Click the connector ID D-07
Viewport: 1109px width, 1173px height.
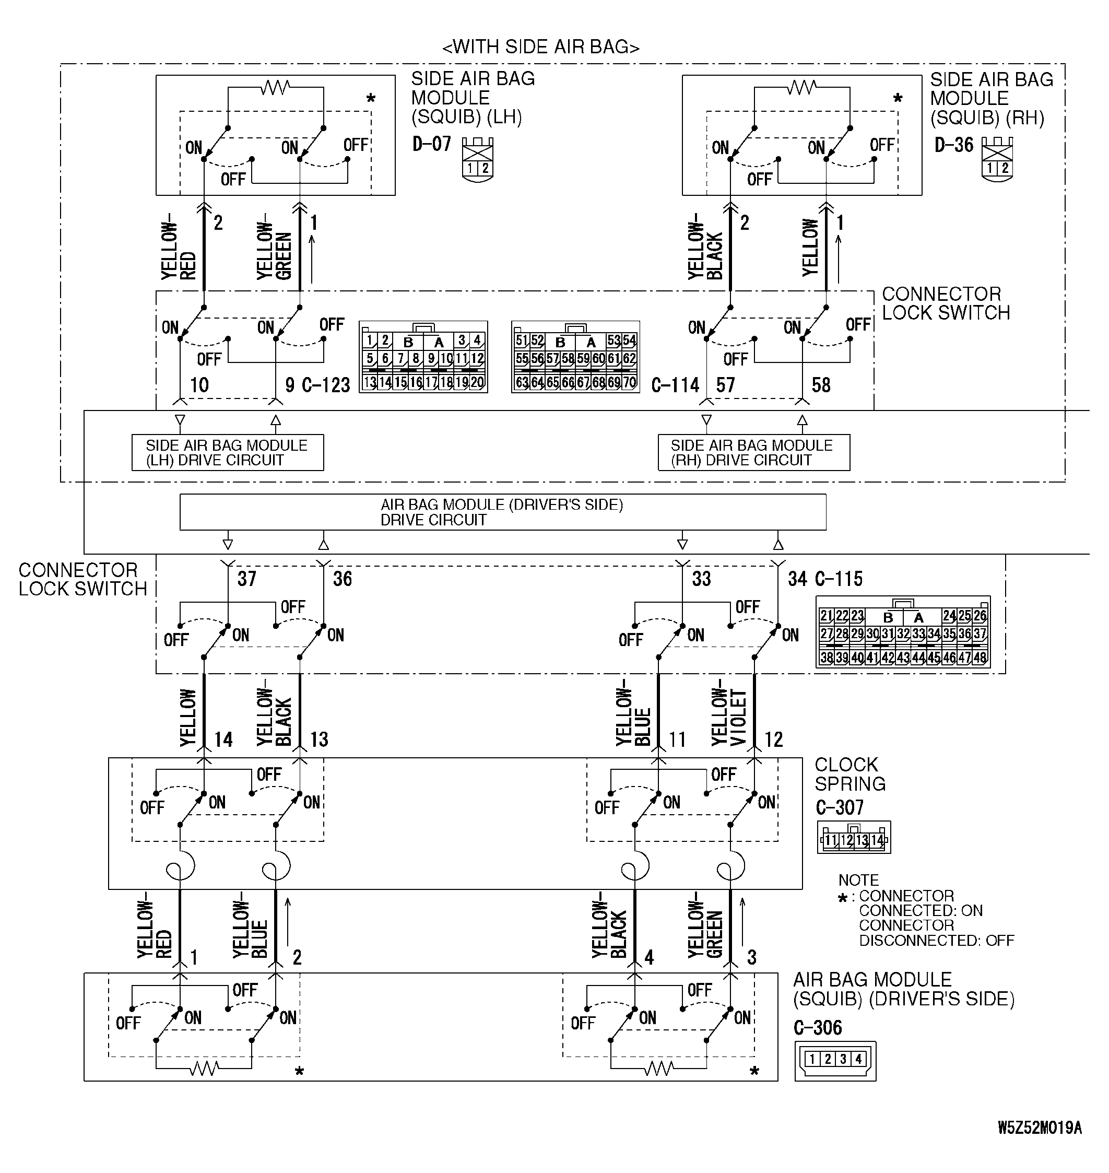point(432,144)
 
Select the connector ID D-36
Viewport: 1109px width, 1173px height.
point(953,145)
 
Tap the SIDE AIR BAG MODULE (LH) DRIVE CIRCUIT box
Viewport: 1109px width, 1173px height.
point(228,453)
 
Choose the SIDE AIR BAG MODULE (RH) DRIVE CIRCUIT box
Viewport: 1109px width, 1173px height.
point(754,453)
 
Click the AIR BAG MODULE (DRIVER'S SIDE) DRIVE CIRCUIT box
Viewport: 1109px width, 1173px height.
point(502,512)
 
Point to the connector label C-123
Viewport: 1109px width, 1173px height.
point(326,385)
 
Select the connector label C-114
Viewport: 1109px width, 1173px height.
point(675,385)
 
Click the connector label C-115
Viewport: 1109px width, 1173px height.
point(839,579)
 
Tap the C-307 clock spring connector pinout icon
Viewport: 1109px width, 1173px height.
point(854,837)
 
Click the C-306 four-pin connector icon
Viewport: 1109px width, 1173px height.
point(835,1061)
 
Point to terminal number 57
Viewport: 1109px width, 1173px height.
point(725,385)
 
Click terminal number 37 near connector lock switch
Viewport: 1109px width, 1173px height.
point(247,579)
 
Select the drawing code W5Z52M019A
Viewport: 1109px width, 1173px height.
point(1040,1128)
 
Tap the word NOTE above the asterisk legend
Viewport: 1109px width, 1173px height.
point(858,881)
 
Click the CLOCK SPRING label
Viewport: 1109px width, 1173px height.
point(850,774)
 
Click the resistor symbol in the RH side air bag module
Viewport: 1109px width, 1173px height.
point(801,88)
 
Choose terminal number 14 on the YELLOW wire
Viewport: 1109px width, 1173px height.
point(223,740)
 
